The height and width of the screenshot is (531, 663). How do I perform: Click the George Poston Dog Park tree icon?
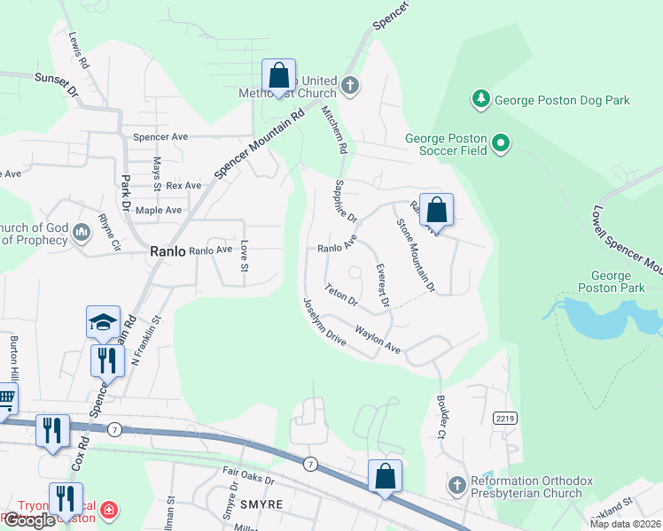point(480,99)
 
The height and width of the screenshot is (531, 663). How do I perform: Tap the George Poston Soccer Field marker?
point(501,142)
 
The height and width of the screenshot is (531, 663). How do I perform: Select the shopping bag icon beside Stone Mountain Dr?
point(436,211)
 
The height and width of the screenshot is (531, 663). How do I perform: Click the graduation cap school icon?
point(103,322)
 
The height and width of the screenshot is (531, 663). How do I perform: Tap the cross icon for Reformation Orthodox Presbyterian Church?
point(456,485)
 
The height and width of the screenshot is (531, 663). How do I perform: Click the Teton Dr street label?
point(340,295)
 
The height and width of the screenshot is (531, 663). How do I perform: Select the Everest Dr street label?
point(382,286)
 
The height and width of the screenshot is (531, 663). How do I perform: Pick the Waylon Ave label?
point(378,341)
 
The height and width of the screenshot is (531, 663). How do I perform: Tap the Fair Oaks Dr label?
point(249,481)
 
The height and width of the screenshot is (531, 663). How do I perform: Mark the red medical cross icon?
point(108,511)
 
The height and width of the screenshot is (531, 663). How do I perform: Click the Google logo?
point(29,520)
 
